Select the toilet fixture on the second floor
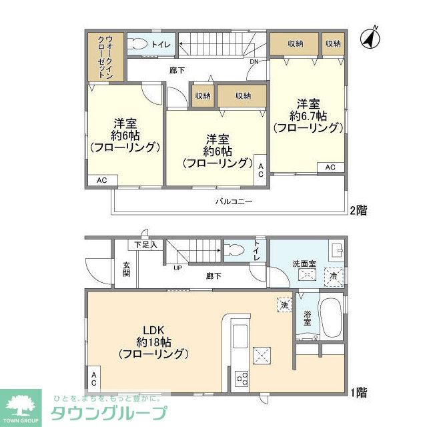139,44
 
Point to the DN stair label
254,62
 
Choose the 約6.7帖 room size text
308,116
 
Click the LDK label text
153,329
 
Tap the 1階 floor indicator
357,393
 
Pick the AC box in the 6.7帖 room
330,167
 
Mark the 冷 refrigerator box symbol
333,275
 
